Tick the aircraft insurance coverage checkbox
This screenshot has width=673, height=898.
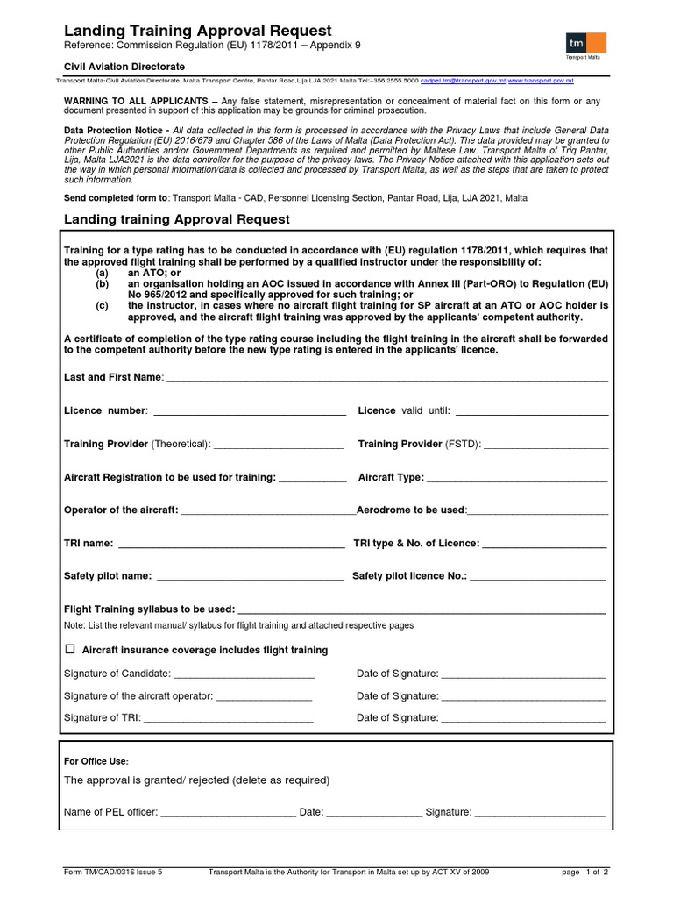(70, 650)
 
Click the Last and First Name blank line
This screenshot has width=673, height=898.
(386, 379)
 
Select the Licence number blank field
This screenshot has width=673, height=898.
(250, 412)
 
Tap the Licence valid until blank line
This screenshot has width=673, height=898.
(532, 412)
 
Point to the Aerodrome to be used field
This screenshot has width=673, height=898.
(538, 511)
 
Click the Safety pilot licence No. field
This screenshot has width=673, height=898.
(538, 578)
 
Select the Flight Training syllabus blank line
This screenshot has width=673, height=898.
(422, 611)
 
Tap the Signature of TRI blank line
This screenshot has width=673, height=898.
(228, 719)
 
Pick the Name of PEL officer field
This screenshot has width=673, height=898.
(228, 814)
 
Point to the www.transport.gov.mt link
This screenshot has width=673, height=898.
(541, 81)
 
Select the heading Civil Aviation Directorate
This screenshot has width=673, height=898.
(124, 67)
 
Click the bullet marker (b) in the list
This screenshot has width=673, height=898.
(103, 285)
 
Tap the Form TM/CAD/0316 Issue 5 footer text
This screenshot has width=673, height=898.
(114, 873)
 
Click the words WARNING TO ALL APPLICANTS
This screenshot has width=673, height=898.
(136, 101)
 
